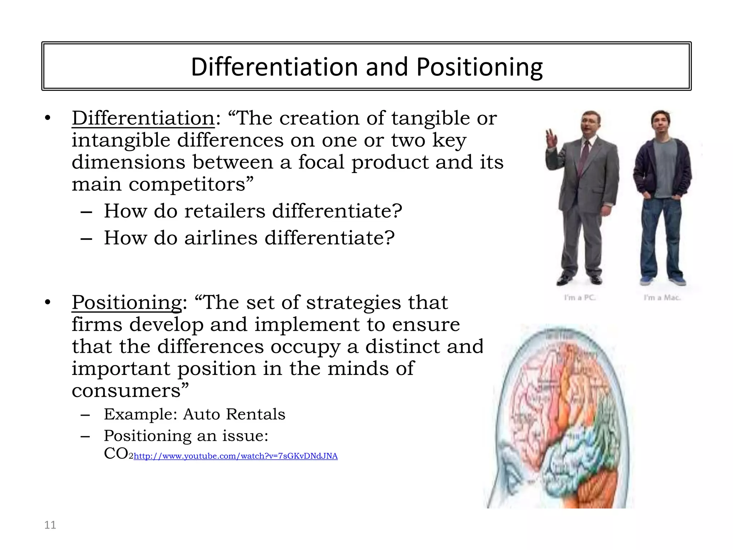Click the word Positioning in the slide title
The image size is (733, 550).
(x=479, y=67)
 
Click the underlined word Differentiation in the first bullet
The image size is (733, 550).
(x=143, y=118)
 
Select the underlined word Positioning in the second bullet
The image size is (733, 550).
(x=127, y=303)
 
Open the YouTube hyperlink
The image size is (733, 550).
(x=236, y=456)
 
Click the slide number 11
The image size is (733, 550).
(x=50, y=525)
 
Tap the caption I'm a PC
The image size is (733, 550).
(x=580, y=298)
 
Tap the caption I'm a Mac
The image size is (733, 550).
(x=662, y=298)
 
